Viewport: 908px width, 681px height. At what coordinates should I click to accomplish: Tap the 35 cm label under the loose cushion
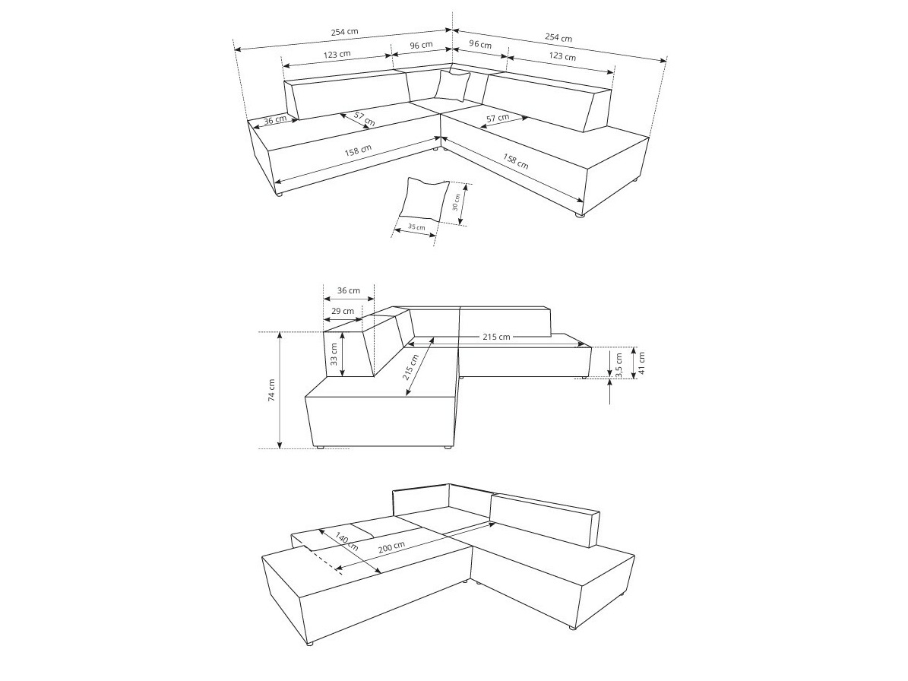point(416,227)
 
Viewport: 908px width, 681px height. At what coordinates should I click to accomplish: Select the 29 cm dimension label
point(343,311)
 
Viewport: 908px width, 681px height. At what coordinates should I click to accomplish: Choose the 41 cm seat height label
point(641,363)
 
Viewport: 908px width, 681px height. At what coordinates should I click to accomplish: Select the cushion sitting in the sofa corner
point(452,85)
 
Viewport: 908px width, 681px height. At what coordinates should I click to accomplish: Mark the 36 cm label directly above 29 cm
point(349,290)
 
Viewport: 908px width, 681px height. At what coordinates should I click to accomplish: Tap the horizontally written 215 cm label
point(495,337)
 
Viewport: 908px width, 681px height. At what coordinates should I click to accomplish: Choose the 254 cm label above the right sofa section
point(558,37)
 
